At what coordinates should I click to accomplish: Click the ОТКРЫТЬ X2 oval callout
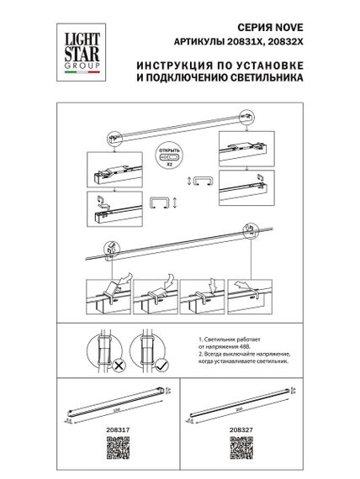171,156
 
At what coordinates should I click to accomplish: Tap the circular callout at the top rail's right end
250,228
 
